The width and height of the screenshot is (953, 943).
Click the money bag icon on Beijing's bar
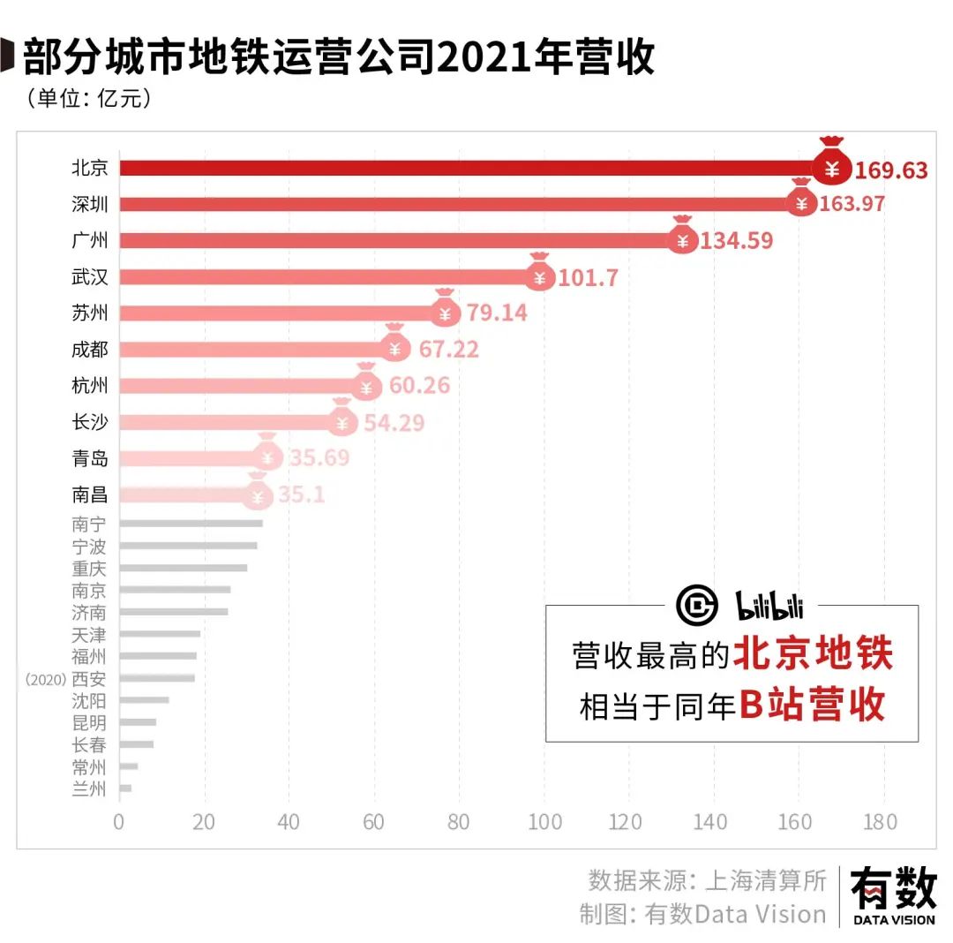point(831,164)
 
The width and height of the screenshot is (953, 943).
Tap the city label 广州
point(90,240)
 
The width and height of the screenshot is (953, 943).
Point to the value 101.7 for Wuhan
point(588,277)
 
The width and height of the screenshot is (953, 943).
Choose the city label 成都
point(90,350)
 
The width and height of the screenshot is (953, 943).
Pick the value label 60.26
point(420,386)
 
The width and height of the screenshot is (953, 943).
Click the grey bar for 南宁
point(191,524)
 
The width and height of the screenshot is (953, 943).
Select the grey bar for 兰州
point(125,788)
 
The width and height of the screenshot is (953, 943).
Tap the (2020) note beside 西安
point(45,679)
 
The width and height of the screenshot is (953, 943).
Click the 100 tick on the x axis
point(544,822)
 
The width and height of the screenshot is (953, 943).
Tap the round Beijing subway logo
point(697,605)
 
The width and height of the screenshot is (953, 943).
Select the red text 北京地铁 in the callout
point(814,654)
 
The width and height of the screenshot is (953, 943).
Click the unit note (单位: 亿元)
point(89,97)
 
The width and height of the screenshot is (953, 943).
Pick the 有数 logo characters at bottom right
point(893,887)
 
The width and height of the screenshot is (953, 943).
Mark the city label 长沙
point(90,422)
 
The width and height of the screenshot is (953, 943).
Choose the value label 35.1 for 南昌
point(302,495)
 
